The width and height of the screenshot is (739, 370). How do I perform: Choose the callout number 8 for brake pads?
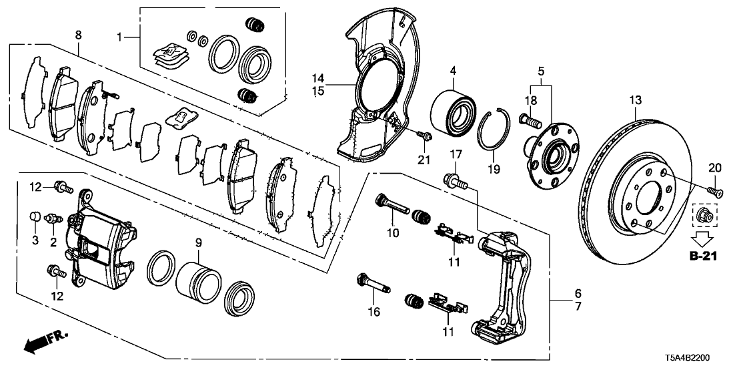[x=79, y=33]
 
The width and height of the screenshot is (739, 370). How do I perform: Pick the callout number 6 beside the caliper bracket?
[x=578, y=293]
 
